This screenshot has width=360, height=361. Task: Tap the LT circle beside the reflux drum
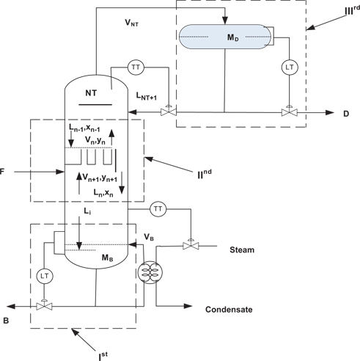(x=289, y=68)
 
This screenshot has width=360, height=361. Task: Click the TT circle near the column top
(x=136, y=68)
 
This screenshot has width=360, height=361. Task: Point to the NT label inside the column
(x=92, y=93)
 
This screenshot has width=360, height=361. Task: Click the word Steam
(x=242, y=250)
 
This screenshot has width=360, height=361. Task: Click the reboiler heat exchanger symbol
(x=147, y=271)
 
